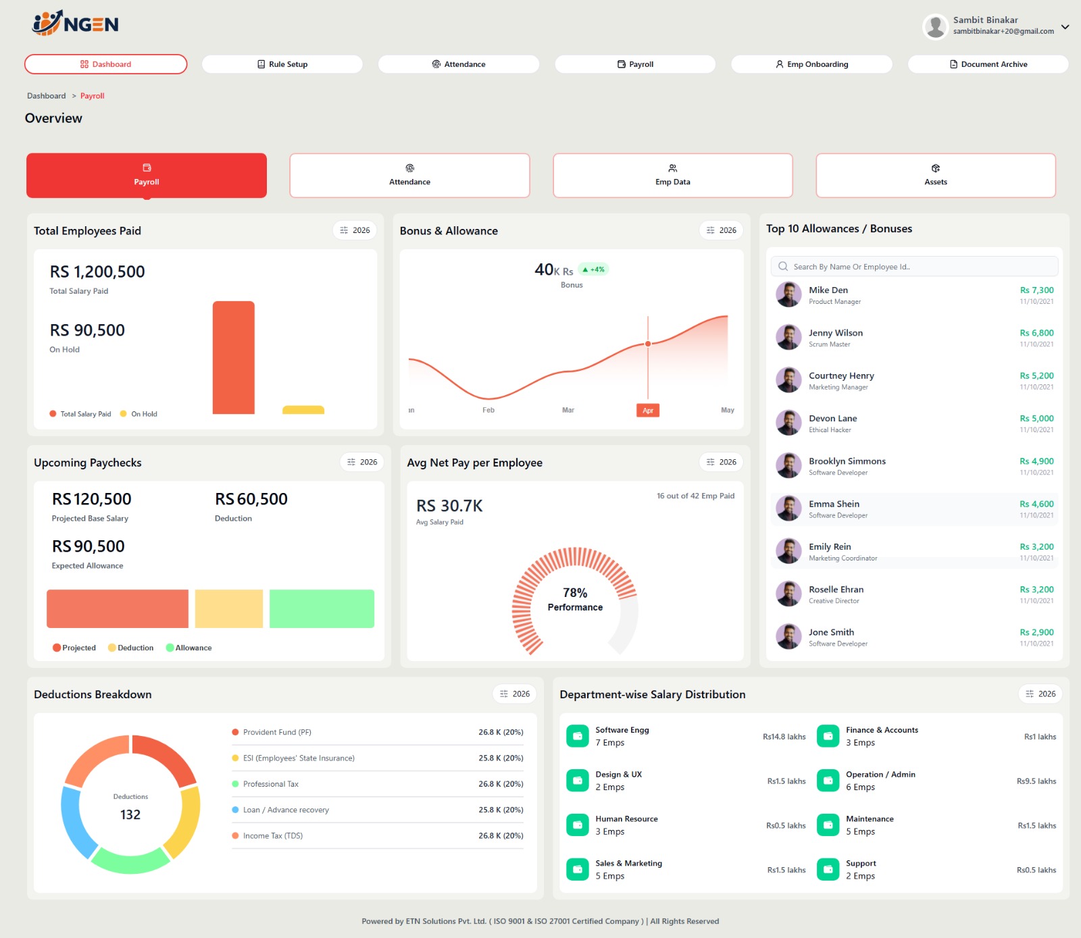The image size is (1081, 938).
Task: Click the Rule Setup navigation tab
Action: (x=282, y=64)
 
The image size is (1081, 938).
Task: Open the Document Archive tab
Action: (x=988, y=64)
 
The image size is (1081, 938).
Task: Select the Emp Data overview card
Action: (x=672, y=176)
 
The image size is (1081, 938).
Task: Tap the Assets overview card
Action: (x=935, y=176)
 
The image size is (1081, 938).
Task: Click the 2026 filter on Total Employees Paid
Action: (x=355, y=230)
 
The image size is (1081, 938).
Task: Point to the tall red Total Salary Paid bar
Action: (x=233, y=358)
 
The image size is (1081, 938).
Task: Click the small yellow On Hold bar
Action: (x=303, y=410)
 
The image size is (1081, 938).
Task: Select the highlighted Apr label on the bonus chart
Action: (x=648, y=411)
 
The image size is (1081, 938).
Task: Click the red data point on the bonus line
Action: (x=648, y=344)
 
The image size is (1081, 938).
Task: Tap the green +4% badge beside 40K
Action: (x=594, y=269)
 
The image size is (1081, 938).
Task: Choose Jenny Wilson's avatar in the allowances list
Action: (x=788, y=337)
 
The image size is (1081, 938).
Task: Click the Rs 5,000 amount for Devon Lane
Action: (x=1036, y=419)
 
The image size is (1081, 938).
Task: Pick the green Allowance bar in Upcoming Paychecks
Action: (x=322, y=608)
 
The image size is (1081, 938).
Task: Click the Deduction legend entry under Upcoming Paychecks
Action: (x=131, y=648)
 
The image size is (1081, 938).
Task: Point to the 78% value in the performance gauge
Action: (x=575, y=593)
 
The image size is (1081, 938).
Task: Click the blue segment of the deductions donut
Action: (x=76, y=820)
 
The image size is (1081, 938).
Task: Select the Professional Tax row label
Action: (x=270, y=784)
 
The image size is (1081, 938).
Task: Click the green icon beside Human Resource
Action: (x=577, y=825)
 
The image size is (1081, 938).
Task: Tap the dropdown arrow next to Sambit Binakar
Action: (x=1065, y=27)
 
